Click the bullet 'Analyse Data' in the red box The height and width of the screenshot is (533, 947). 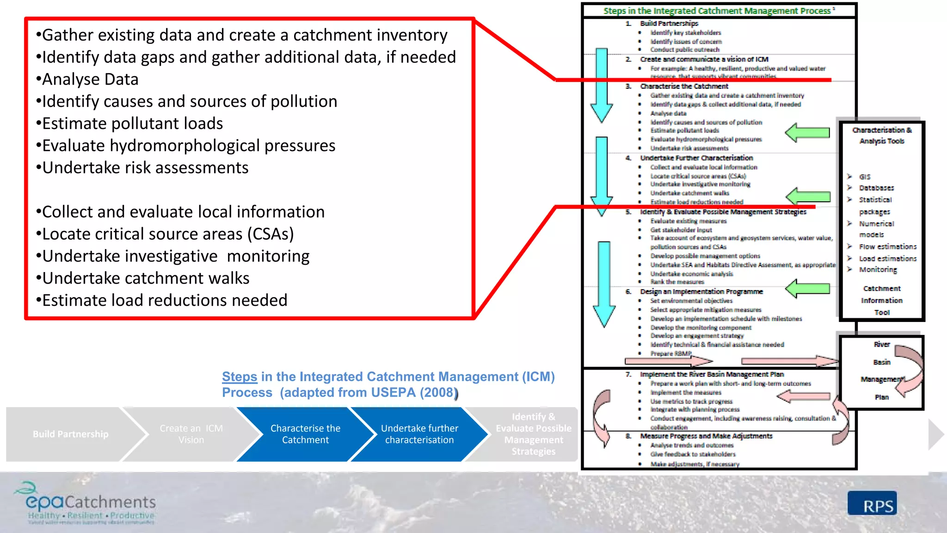(90, 80)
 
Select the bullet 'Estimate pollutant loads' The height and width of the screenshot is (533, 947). (132, 124)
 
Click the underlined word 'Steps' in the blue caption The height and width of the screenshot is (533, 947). (240, 377)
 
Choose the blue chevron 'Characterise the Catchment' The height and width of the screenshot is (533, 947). (305, 434)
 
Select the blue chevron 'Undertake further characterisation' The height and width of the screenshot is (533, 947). (419, 434)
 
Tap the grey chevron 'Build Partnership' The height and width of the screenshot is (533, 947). (70, 434)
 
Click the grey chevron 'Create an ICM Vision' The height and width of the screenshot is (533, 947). (191, 434)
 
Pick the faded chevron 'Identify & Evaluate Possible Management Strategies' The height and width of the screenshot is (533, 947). (533, 434)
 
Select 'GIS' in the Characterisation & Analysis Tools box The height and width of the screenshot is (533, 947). (865, 177)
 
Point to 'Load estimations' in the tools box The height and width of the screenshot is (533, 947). (887, 259)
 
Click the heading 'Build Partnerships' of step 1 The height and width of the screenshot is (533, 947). (669, 23)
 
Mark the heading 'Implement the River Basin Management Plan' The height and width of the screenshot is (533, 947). (712, 374)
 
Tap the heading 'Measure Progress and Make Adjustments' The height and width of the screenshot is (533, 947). (706, 436)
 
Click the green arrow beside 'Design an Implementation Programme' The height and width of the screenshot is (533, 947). (807, 289)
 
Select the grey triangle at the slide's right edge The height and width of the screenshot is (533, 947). (935, 434)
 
